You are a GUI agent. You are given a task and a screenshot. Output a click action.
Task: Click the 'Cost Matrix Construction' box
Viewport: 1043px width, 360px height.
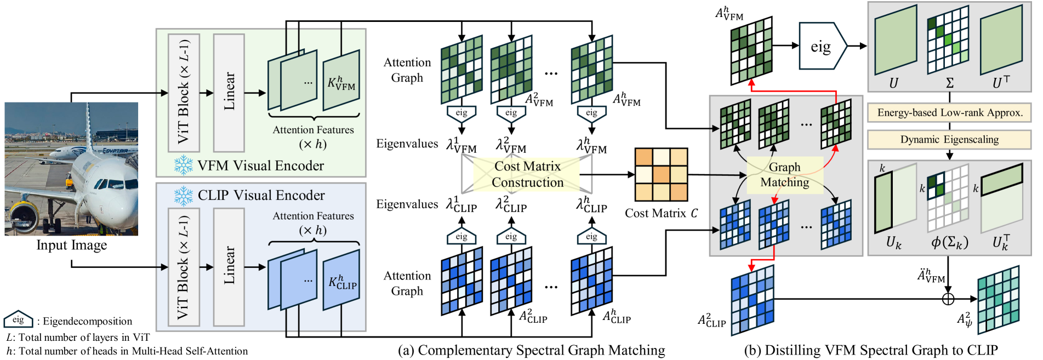(x=527, y=174)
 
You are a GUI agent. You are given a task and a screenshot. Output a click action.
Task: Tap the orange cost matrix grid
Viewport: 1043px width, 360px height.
(x=661, y=175)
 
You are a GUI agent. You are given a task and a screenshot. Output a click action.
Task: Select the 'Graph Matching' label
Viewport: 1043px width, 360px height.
(x=785, y=175)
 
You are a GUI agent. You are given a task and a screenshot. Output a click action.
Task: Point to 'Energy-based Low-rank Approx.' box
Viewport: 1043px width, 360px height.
(x=949, y=113)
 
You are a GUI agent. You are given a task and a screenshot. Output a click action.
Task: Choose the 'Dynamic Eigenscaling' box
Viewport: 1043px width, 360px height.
(x=949, y=140)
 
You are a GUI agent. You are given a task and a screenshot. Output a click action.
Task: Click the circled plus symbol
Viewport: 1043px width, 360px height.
(x=948, y=299)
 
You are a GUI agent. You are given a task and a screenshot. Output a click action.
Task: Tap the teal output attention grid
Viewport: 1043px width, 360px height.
(x=998, y=299)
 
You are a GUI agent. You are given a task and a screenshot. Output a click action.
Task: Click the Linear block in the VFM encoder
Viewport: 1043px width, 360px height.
(x=229, y=93)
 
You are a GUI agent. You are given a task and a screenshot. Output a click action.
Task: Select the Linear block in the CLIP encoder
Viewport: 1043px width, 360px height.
(x=229, y=267)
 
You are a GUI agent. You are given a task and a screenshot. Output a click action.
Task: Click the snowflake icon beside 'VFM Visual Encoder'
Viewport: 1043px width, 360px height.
(x=183, y=165)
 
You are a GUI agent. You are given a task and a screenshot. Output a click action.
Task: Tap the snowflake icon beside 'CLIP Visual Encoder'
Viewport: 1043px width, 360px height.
(x=183, y=196)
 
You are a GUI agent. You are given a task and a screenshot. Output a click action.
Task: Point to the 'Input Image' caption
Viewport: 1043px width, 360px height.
(x=72, y=245)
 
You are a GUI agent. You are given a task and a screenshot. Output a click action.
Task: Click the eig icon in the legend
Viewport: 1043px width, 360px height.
(x=18, y=320)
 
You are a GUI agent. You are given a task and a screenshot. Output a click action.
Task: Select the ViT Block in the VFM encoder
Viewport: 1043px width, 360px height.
(x=184, y=93)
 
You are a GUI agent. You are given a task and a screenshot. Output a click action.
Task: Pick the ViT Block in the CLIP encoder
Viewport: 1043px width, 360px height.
(x=184, y=267)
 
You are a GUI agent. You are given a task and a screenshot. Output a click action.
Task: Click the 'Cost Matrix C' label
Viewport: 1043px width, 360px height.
(x=662, y=213)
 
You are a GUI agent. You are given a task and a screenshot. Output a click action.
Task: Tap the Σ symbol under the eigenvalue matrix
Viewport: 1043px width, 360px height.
(x=950, y=83)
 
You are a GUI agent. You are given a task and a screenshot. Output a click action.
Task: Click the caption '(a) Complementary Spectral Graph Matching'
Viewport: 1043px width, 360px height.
(x=531, y=350)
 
